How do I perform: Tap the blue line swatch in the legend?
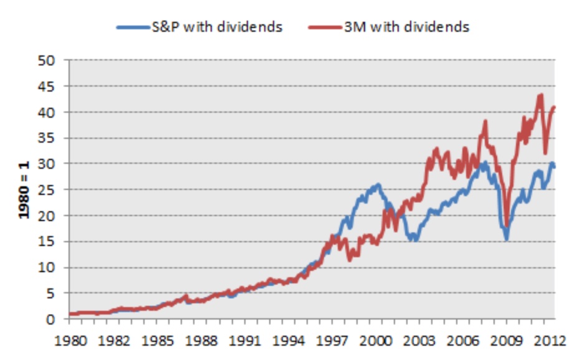click(x=129, y=27)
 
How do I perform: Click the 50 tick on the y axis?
click(x=49, y=60)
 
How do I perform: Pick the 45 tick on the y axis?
click(x=49, y=87)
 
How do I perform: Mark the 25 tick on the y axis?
click(x=49, y=190)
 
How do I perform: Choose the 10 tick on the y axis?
click(x=49, y=268)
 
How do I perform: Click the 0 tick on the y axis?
click(x=53, y=320)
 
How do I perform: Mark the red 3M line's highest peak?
click(x=540, y=95)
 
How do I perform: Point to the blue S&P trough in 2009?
click(x=507, y=239)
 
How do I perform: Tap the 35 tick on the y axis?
click(x=49, y=138)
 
